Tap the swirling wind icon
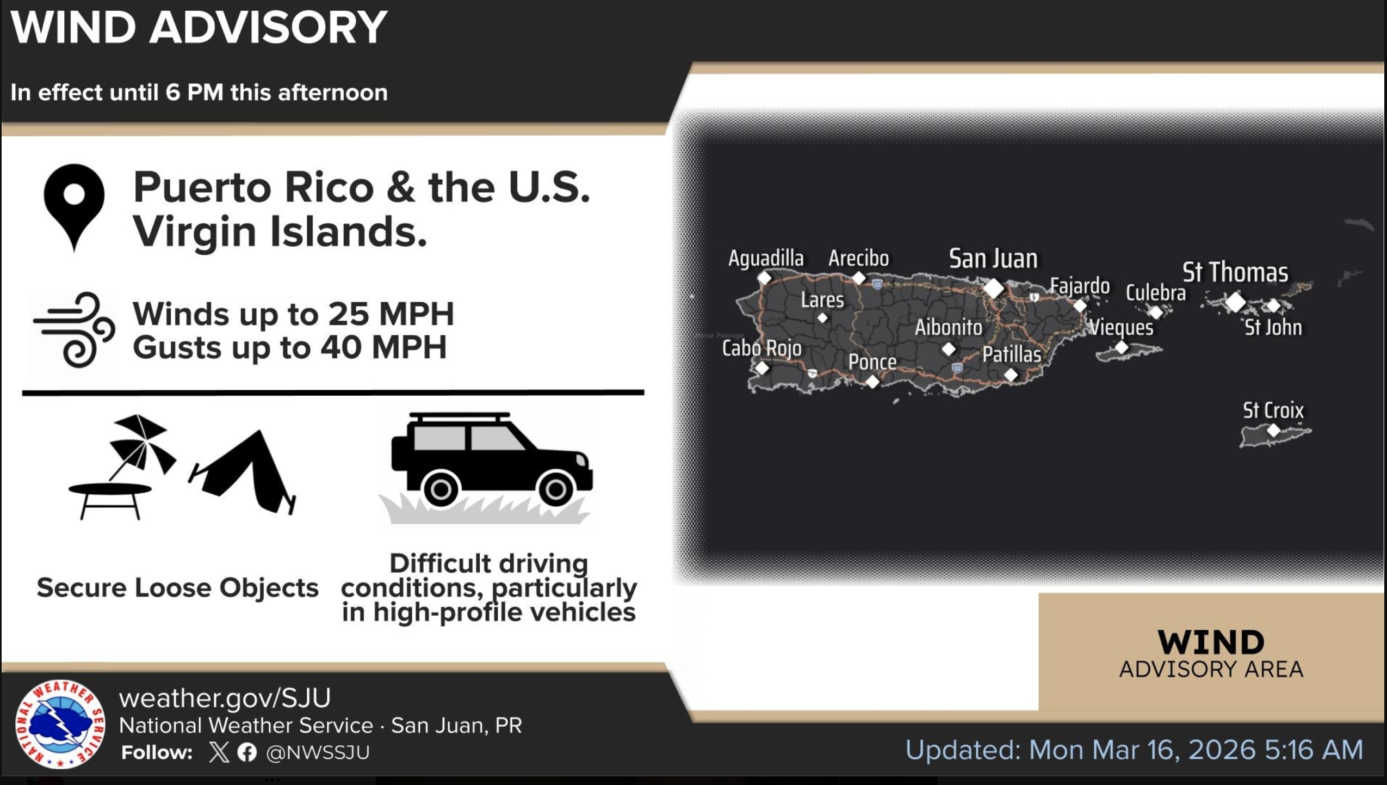[75, 329]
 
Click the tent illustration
[243, 471]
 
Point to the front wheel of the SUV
[555, 489]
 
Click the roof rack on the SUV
[460, 417]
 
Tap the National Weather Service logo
[60, 723]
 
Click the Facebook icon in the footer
[247, 752]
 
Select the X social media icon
[219, 752]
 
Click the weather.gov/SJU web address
[225, 698]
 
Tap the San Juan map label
[993, 258]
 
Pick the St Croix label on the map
[1273, 410]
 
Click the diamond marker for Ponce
[872, 382]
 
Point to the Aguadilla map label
[766, 258]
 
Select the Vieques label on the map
[1122, 327]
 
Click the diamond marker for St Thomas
[1235, 302]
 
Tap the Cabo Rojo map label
[761, 348]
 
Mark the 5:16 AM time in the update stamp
[1314, 750]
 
